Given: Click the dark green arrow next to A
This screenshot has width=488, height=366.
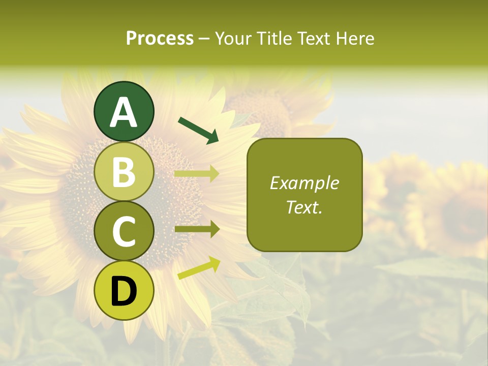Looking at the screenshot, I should pyautogui.click(x=199, y=130).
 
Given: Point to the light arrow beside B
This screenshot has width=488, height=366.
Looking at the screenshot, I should pyautogui.click(x=197, y=174).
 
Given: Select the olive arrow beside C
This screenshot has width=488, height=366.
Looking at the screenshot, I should pyautogui.click(x=197, y=229).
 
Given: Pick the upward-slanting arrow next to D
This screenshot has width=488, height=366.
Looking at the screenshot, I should pyautogui.click(x=199, y=268).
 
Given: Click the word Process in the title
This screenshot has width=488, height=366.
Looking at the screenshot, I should pyautogui.click(x=160, y=38).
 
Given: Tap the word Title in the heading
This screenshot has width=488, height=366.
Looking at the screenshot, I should pyautogui.click(x=274, y=38).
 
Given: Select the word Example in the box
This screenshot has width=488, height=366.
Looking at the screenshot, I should pyautogui.click(x=304, y=183).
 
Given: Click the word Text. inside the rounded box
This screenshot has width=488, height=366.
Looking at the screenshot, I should pyautogui.click(x=304, y=207).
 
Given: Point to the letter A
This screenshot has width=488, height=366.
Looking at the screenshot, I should pyautogui.click(x=124, y=112).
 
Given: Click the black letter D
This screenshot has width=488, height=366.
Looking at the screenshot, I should pyautogui.click(x=124, y=292).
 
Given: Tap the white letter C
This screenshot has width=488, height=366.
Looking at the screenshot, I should pyautogui.click(x=124, y=232).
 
